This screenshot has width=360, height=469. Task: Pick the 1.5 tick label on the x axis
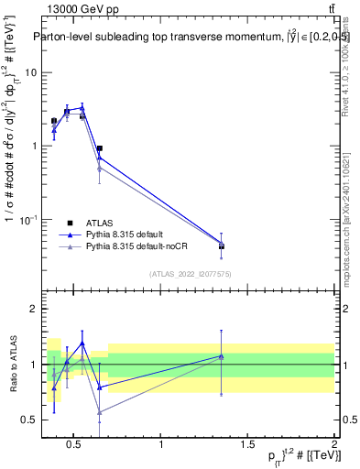coord(247,445)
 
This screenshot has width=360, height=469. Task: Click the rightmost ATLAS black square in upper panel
coord(222,246)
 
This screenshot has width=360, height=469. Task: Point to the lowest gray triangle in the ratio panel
coord(99,412)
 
